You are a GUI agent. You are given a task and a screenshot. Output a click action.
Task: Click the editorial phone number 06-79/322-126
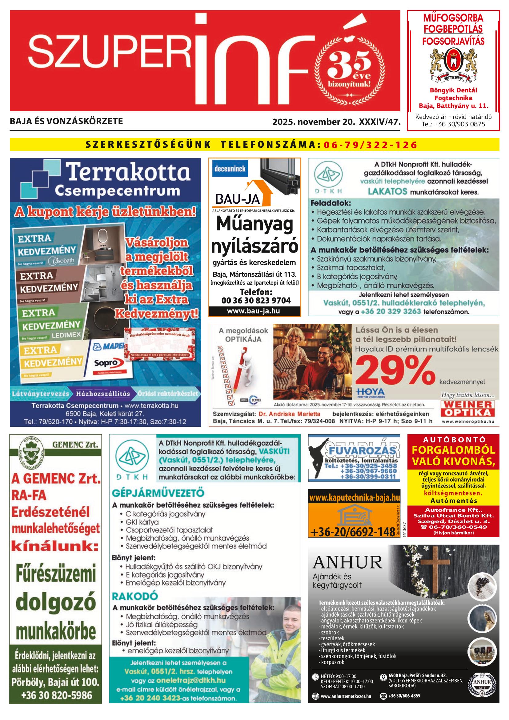(x=371, y=145)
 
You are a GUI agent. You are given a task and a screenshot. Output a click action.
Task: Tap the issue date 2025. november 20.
(x=313, y=122)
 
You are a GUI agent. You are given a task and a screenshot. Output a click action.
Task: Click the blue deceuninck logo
(x=230, y=169)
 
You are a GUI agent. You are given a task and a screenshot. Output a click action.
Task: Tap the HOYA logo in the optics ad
(x=371, y=392)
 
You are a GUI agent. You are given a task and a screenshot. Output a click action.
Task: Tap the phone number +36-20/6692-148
(x=352, y=532)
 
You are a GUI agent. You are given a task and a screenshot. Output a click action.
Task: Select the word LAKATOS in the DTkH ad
(x=388, y=191)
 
